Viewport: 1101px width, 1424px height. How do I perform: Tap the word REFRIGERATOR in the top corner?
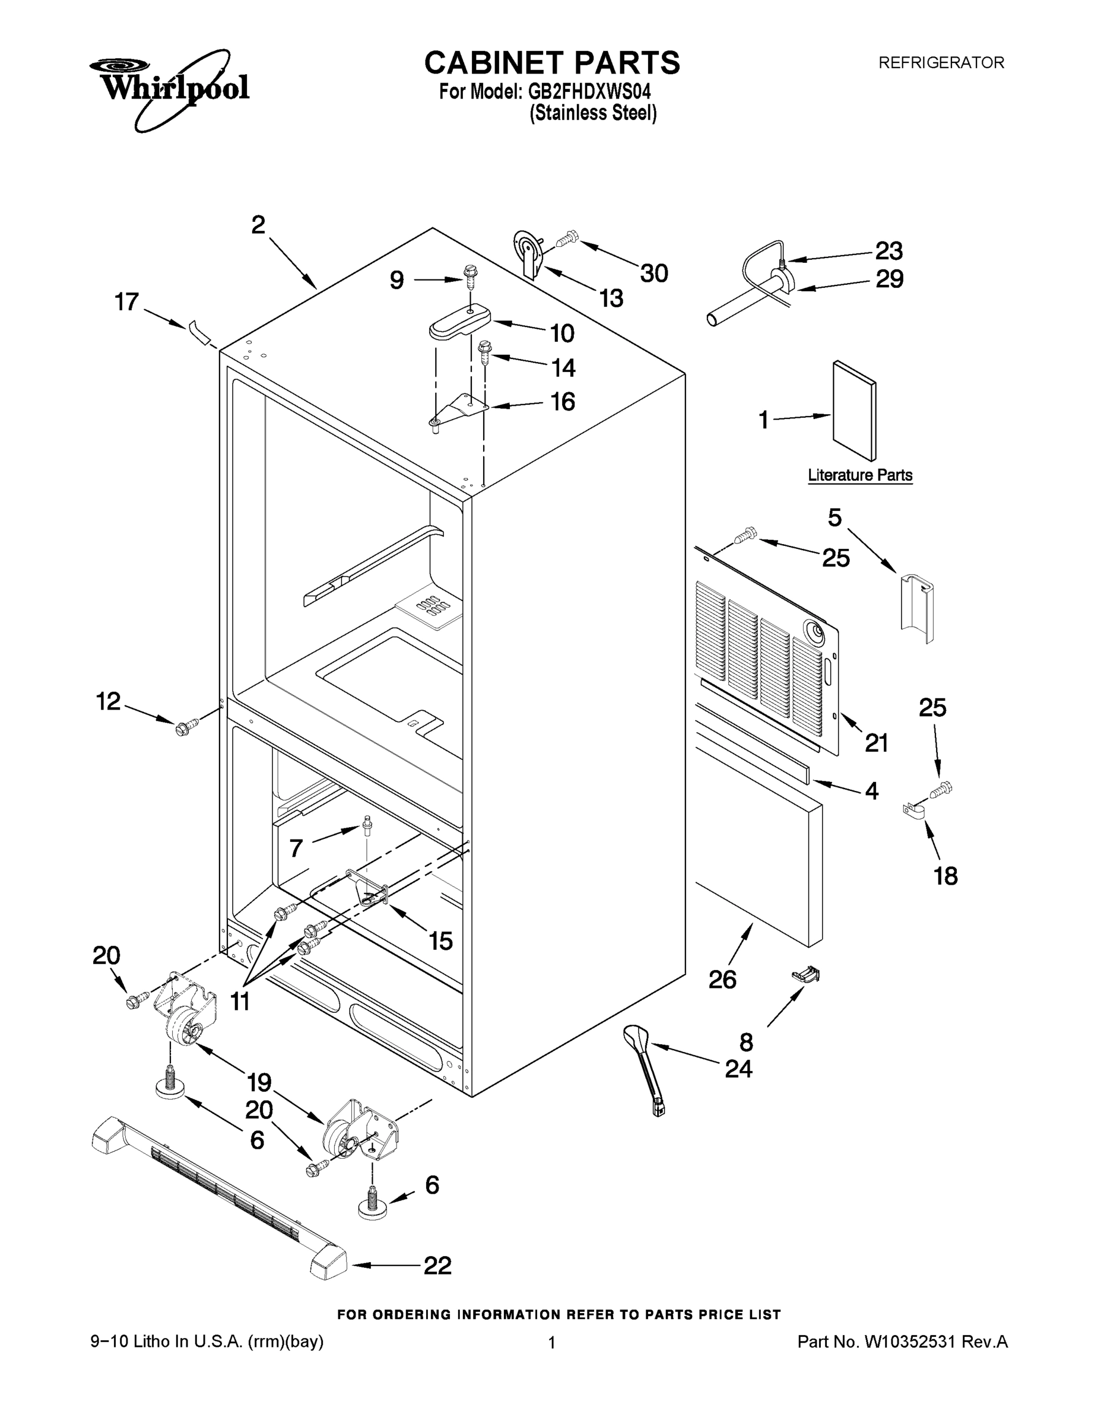pos(941,63)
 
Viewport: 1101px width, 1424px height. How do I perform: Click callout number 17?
pos(126,302)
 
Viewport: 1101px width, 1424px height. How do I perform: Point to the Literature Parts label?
pos(859,475)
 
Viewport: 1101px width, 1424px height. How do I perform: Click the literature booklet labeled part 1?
pos(855,411)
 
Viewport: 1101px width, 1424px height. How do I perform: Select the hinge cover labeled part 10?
pos(460,322)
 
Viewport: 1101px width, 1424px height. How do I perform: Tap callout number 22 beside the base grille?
pos(437,1266)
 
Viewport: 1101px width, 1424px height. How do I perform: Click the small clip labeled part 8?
pos(805,975)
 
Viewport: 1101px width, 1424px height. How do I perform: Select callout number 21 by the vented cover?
pos(876,743)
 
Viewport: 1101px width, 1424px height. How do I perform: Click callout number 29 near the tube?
pos(889,279)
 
